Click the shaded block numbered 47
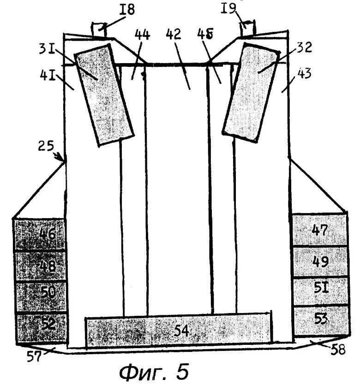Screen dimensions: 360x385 (319, 230)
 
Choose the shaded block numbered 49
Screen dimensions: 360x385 (319, 261)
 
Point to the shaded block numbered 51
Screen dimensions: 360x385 (319, 290)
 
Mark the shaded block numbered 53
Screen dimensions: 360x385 (319, 319)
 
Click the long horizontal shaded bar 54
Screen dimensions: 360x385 (179, 331)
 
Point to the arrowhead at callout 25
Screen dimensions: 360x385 (63, 160)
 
